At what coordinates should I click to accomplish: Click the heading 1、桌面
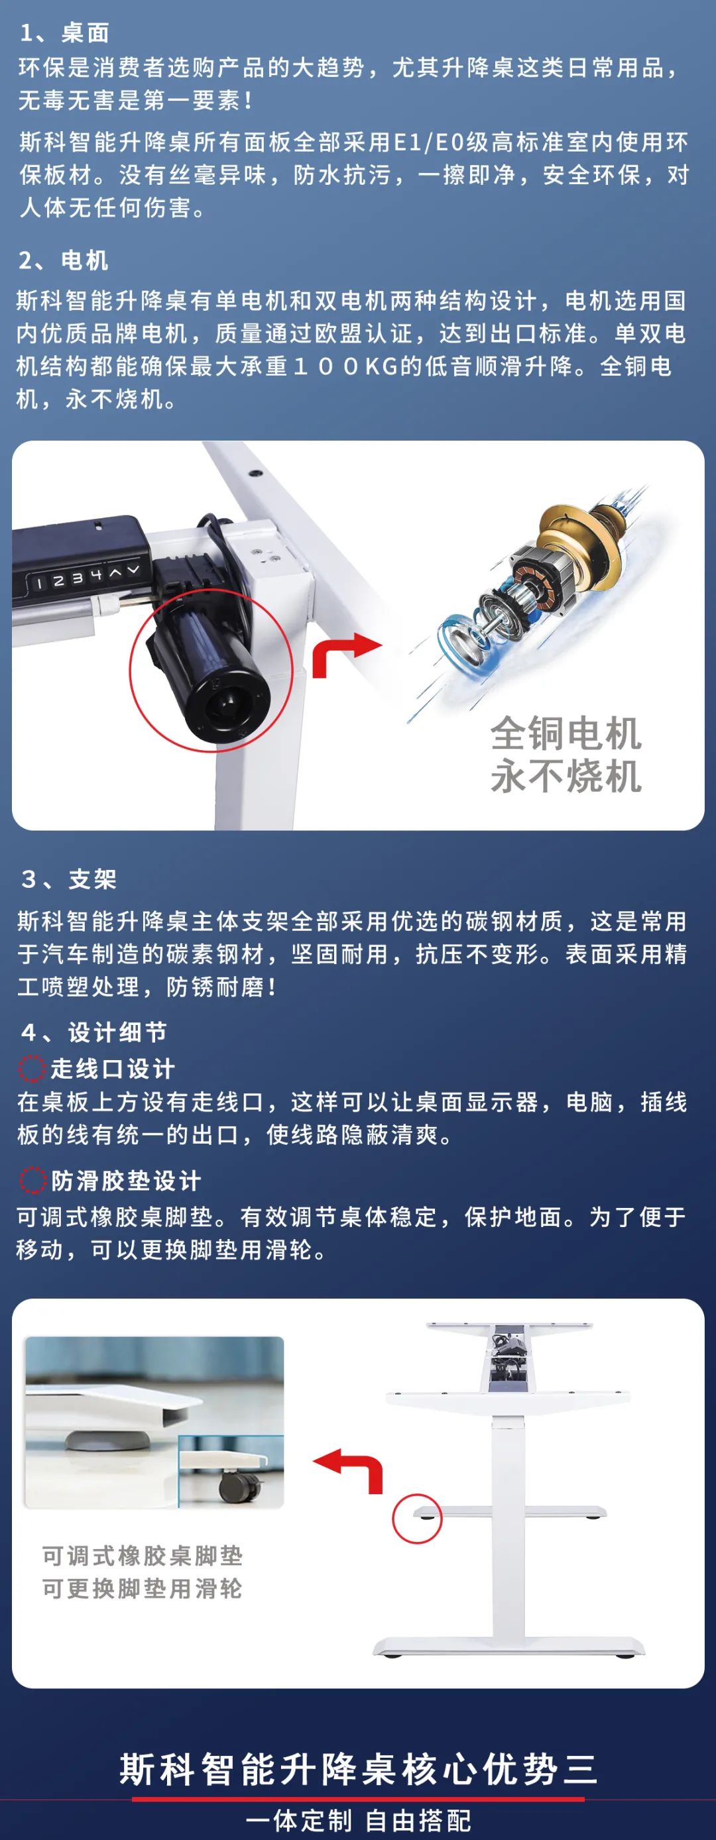pos(64,33)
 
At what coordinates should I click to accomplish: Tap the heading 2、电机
pos(64,260)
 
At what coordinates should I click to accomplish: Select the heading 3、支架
pos(68,879)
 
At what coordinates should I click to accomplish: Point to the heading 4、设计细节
pos(94,1032)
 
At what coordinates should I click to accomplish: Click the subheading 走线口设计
pos(112,1069)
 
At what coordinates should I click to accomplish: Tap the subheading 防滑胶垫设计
pos(126,1181)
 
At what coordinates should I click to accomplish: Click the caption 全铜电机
pos(566,733)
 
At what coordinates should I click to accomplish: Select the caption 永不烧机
pos(566,777)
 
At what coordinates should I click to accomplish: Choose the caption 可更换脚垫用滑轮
pos(143,1589)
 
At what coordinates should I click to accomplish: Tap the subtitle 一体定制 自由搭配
pos(358,1820)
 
